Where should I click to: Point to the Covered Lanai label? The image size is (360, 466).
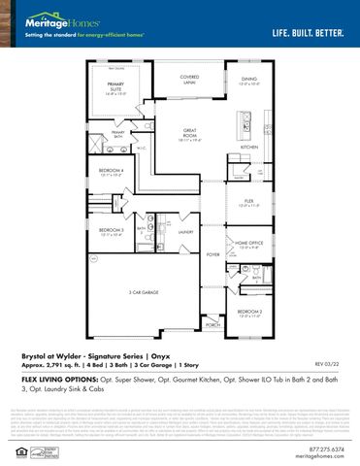pos(189,79)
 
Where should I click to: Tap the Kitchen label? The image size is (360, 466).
pos(249,147)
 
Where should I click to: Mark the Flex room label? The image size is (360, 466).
pos(249,204)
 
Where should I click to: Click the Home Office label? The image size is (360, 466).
pos(249,245)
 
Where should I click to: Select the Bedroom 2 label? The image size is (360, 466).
pos(249,314)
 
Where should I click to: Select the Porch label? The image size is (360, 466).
pos(213,327)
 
